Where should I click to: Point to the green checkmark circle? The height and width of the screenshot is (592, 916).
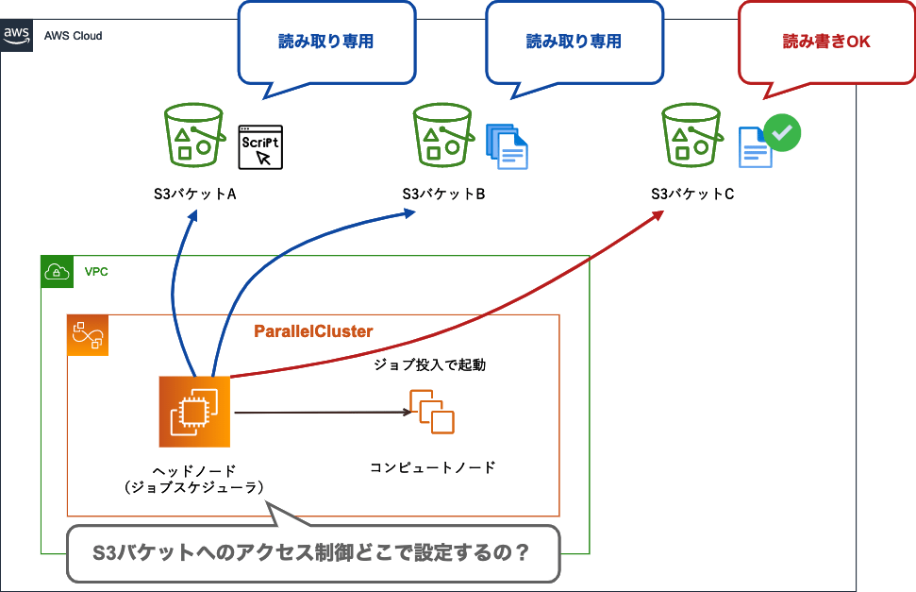(781, 133)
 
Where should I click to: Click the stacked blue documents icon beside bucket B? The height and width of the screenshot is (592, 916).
(507, 145)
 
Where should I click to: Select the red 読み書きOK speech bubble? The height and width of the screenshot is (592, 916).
(826, 42)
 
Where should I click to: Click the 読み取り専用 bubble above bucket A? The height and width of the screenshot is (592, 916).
(326, 42)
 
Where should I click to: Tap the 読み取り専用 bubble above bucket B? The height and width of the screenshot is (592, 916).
(574, 42)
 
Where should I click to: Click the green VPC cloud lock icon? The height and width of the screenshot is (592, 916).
(58, 272)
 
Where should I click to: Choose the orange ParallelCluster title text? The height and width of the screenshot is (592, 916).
(313, 331)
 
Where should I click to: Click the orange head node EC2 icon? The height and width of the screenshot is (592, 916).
(194, 412)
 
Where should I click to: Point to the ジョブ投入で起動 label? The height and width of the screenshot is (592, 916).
(430, 364)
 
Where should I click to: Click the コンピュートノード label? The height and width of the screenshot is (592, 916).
(432, 467)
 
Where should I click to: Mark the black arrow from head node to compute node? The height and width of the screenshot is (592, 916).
(321, 412)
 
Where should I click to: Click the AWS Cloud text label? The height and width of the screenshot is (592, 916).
(73, 36)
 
